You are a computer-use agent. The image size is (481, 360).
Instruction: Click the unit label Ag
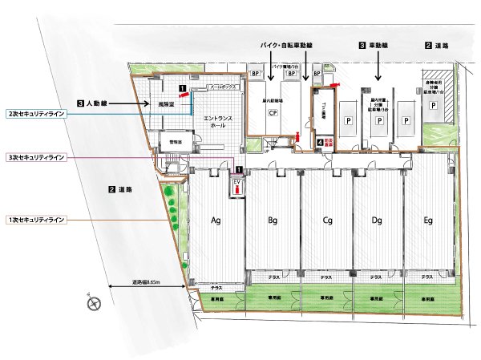(216, 220)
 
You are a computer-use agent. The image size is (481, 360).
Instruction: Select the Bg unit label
(273, 220)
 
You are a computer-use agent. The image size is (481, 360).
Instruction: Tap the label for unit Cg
(327, 220)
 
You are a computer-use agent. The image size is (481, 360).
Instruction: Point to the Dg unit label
(378, 220)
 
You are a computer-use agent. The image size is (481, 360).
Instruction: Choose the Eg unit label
(428, 220)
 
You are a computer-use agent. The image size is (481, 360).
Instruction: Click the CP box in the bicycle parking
(273, 113)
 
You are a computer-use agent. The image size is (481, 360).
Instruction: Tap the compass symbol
(94, 303)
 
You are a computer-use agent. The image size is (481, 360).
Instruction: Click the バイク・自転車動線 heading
(286, 47)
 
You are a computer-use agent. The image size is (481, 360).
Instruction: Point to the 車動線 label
(377, 47)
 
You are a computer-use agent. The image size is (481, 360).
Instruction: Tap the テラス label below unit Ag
(216, 287)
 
